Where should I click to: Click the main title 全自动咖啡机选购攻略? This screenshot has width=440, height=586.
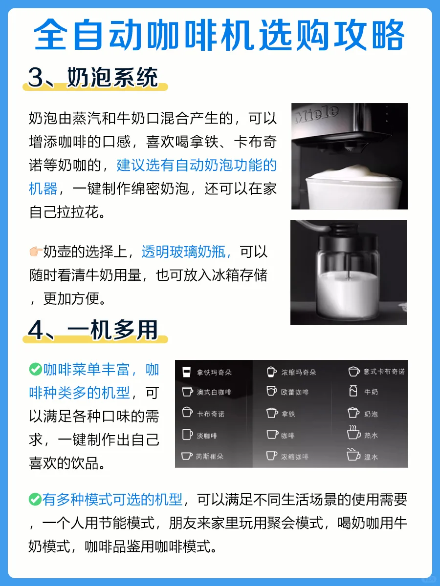(x=219, y=35)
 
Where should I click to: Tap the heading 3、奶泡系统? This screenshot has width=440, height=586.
(x=93, y=78)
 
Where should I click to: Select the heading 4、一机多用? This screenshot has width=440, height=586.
(x=93, y=330)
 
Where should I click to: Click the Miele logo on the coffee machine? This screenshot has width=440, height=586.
(x=317, y=114)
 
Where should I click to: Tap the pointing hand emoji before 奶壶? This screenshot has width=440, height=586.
(x=36, y=251)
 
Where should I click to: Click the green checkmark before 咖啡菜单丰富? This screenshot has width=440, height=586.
(x=36, y=370)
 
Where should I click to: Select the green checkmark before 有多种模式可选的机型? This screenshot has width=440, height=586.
(x=35, y=499)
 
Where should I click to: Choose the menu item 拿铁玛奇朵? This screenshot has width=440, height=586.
(x=207, y=372)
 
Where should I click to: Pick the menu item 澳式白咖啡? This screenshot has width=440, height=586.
(x=207, y=392)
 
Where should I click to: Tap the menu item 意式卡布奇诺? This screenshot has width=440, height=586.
(x=376, y=371)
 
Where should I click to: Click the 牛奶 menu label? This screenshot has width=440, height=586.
(x=371, y=392)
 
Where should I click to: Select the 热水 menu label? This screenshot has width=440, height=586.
(x=371, y=436)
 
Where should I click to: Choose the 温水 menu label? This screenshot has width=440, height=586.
(x=371, y=457)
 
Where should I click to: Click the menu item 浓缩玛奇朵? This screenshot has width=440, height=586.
(x=291, y=372)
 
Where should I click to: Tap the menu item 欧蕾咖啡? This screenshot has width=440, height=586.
(x=287, y=392)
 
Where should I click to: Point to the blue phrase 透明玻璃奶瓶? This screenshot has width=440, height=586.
(x=183, y=251)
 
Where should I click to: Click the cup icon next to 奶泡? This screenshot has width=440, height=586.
(x=353, y=413)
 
